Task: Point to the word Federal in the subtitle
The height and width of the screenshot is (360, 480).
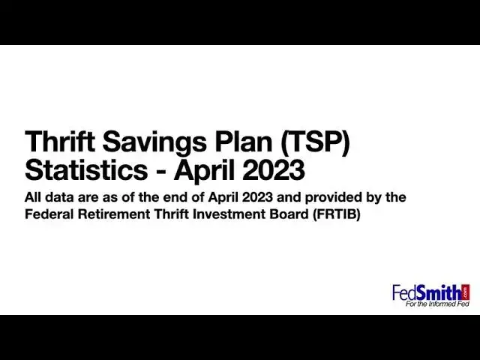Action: (51, 214)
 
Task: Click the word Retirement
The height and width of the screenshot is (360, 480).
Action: (120, 214)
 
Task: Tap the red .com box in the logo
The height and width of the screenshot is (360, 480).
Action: (466, 292)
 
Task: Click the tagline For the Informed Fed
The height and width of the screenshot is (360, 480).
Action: (436, 304)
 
